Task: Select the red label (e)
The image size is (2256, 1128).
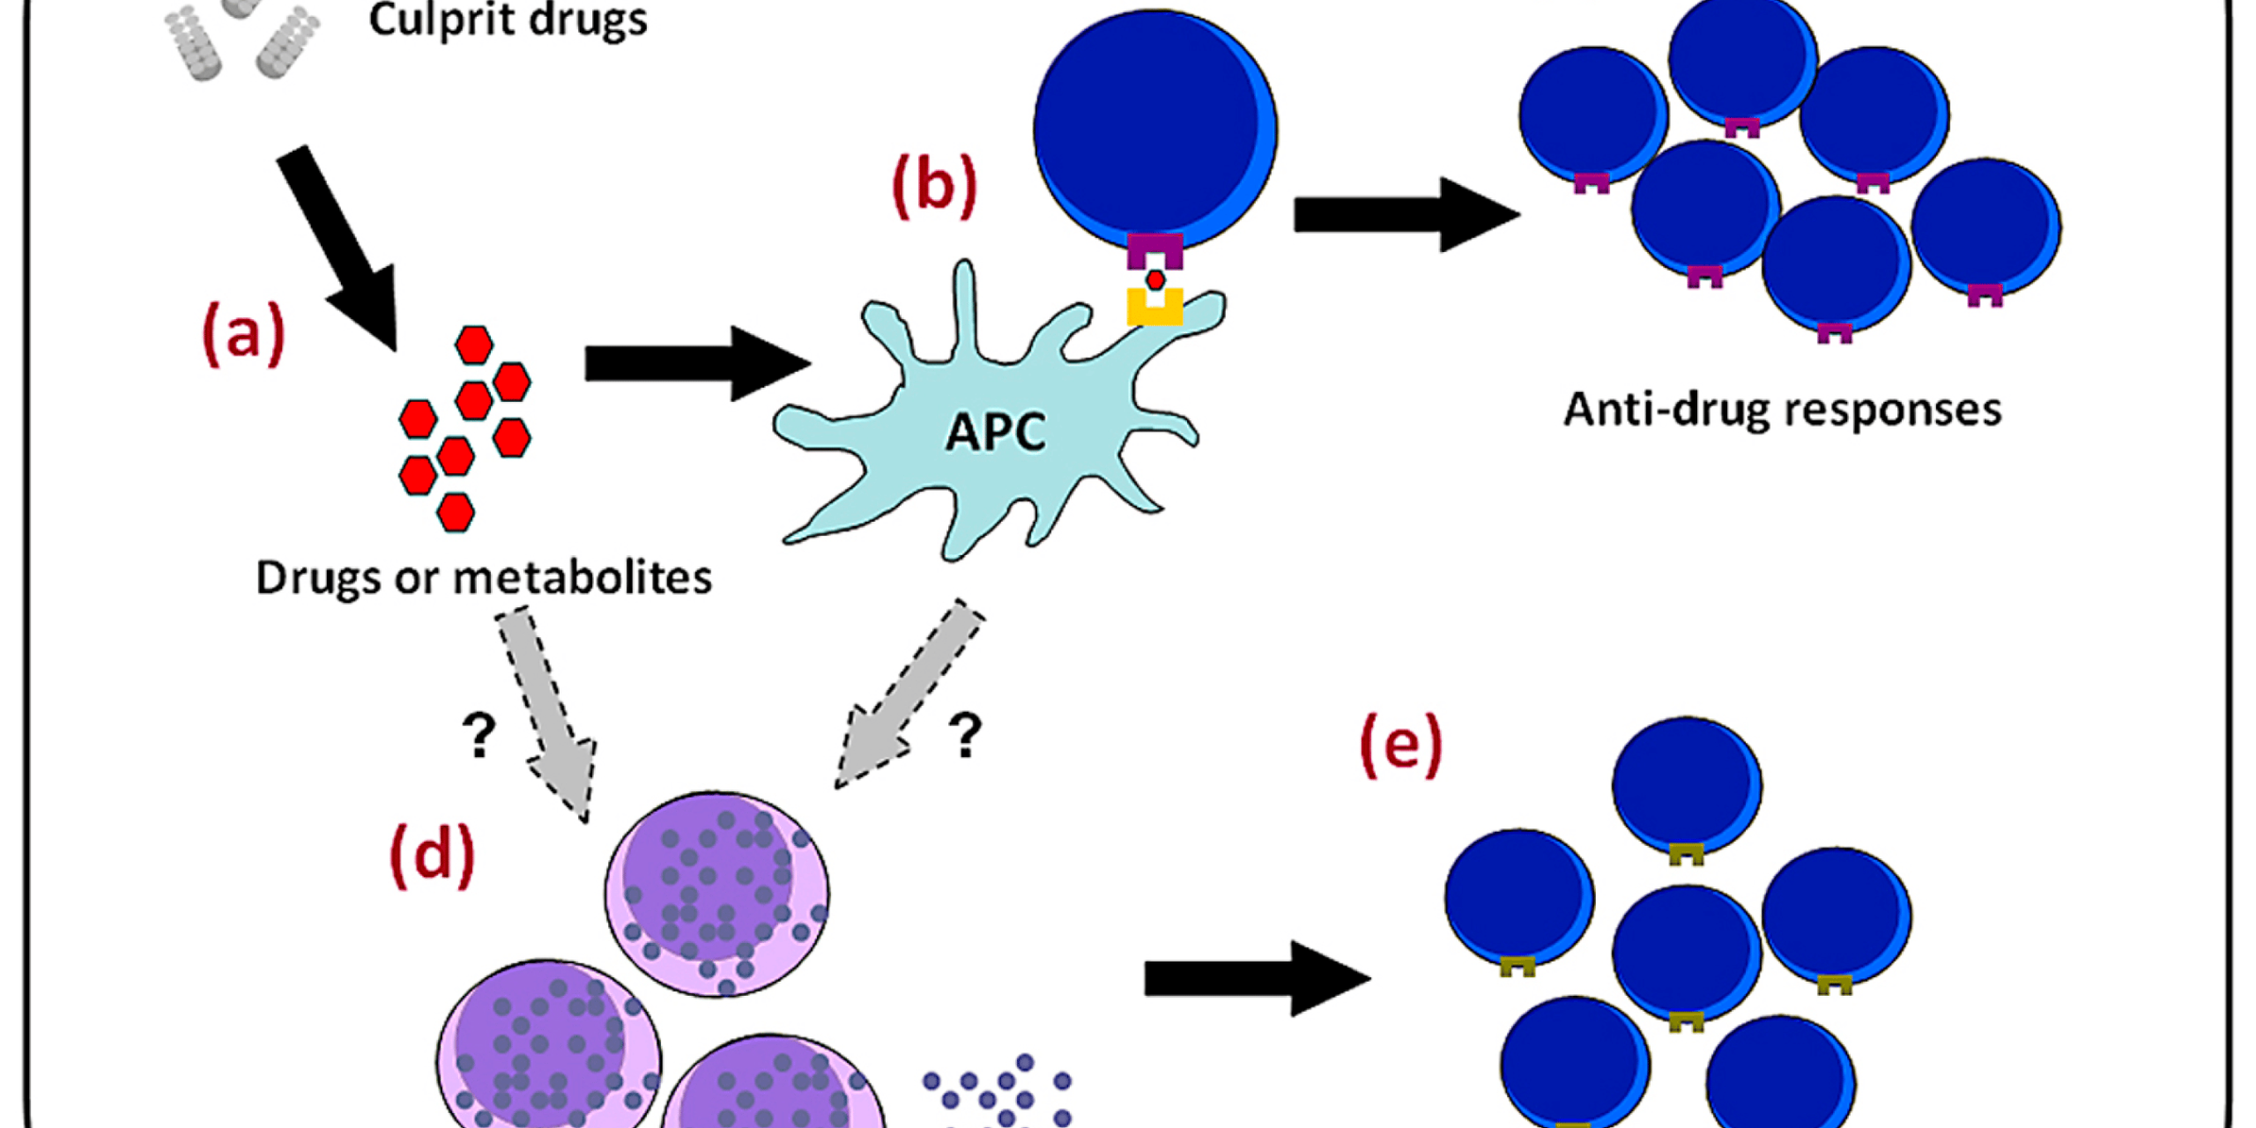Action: click(x=1400, y=746)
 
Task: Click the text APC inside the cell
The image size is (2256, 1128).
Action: click(x=996, y=432)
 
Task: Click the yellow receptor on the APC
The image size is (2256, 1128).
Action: click(x=1154, y=308)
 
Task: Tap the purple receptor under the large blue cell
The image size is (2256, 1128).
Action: click(x=1154, y=250)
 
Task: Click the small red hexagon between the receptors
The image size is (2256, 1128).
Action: click(x=1155, y=280)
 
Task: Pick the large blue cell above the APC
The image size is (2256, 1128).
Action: click(x=1154, y=128)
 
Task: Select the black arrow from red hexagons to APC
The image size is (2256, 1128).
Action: click(x=696, y=363)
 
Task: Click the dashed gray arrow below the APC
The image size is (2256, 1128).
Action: click(x=908, y=696)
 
